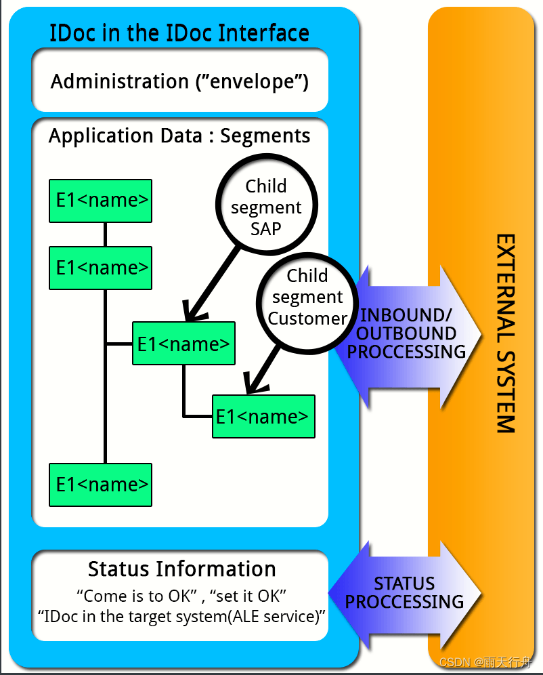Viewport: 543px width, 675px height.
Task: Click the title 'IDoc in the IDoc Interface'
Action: click(179, 33)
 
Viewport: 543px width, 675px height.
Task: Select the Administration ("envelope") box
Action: click(180, 81)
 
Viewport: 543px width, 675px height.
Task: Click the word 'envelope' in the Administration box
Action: click(252, 82)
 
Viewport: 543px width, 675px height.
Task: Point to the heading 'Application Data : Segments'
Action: click(179, 136)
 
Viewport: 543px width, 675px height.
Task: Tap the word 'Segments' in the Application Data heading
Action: click(265, 136)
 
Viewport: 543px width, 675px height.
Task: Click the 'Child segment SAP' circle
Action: click(266, 206)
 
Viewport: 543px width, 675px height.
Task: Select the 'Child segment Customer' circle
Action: click(307, 297)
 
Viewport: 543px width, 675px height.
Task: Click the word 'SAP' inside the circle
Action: click(266, 228)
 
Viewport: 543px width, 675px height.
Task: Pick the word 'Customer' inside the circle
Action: click(307, 318)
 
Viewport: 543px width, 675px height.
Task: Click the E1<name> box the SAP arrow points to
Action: click(183, 344)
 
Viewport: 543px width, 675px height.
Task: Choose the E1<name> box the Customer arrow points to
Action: click(263, 416)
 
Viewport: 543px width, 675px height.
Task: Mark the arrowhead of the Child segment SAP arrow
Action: click(192, 313)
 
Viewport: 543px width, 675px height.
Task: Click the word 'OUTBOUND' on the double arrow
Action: click(406, 333)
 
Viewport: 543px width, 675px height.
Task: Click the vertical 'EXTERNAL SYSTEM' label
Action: click(505, 333)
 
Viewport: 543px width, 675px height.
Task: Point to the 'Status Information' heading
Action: click(181, 569)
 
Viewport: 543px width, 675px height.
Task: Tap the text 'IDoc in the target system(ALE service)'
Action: click(181, 617)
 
